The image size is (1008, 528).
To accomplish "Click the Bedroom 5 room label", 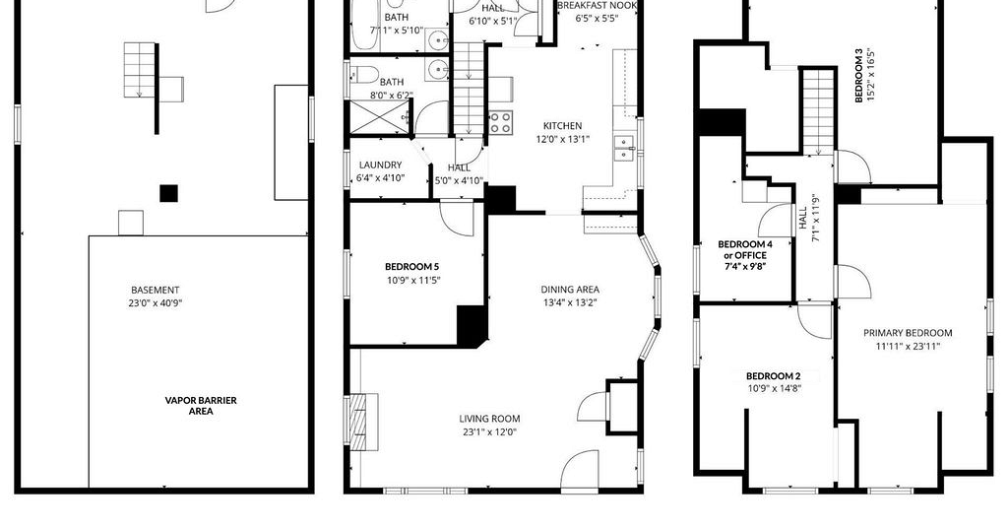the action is click(412, 266).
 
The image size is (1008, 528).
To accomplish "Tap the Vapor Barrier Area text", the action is click(201, 405).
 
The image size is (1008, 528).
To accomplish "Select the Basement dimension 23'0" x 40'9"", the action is click(155, 302).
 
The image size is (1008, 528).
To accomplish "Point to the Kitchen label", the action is click(562, 126).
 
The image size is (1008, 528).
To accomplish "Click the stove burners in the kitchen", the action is click(501, 122).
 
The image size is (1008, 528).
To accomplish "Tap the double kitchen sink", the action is click(623, 149).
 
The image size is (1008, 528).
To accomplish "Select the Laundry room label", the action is click(381, 165).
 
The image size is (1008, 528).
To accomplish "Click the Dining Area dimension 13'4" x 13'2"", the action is click(570, 302).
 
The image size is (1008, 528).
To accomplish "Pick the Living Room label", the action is click(489, 419).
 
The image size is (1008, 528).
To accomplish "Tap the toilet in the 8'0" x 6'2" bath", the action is click(363, 75).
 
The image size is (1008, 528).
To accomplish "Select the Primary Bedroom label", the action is click(908, 333).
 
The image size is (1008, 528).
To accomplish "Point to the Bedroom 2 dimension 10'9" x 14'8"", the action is click(774, 388).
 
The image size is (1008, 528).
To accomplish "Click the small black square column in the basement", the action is click(168, 194).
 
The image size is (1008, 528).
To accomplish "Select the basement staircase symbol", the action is click(140, 70).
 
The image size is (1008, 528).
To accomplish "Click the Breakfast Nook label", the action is click(598, 6).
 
